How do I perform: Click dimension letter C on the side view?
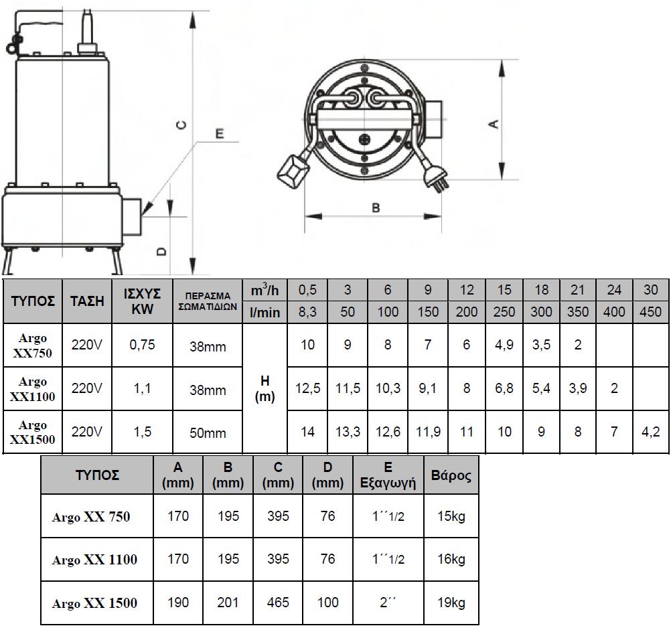coord(182,125)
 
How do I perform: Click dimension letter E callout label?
coord(220,134)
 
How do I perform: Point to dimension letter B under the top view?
coord(376,208)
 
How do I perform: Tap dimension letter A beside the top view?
coord(494,124)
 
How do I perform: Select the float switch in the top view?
coord(293,171)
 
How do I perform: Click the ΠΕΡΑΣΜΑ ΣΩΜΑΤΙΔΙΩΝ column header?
coord(208,301)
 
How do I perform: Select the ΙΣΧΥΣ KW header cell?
coord(142,301)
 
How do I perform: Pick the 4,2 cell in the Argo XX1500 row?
coord(650,432)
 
